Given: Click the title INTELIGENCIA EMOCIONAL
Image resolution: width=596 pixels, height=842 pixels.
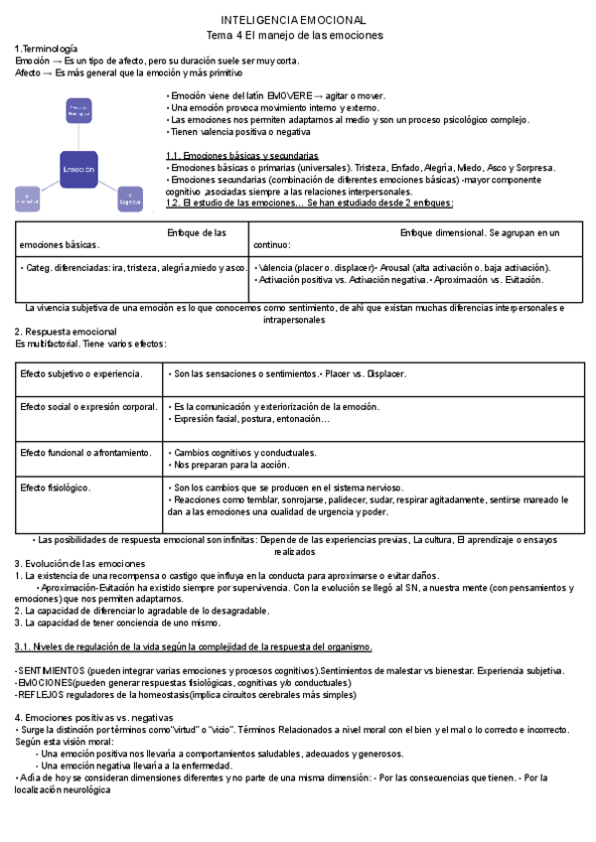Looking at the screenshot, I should [x=293, y=20].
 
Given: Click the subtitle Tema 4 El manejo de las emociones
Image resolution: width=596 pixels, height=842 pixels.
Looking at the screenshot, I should [x=293, y=35].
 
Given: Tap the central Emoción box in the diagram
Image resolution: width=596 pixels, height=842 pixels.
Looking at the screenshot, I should [x=78, y=170].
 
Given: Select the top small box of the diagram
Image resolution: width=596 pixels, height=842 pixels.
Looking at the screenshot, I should [x=78, y=111].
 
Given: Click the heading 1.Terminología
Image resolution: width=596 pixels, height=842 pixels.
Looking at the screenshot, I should [x=46, y=49].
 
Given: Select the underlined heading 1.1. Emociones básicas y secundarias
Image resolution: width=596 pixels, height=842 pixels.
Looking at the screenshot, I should [x=241, y=156].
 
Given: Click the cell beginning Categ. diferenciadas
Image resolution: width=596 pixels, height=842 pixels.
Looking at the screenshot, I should [x=132, y=268].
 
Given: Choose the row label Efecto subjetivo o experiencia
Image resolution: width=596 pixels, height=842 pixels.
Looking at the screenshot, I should [x=81, y=374].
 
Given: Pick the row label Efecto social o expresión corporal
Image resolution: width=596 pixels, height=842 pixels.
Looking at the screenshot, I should [x=88, y=407].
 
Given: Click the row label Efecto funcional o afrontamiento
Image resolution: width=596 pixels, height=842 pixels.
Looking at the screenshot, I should [x=85, y=453].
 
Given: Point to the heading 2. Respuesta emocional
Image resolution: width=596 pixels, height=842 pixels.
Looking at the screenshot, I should [x=66, y=332].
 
